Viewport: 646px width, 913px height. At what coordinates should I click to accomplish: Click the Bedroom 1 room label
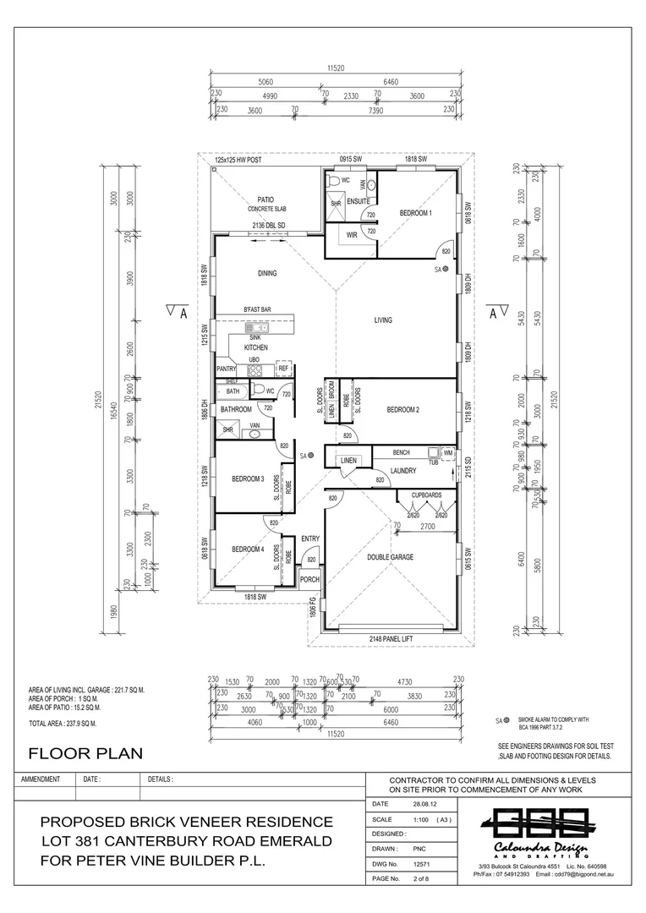416,213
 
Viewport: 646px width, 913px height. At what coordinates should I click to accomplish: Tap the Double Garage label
390,558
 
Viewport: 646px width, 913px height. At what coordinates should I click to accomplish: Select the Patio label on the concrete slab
265,200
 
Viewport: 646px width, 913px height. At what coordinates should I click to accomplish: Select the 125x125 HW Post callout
240,159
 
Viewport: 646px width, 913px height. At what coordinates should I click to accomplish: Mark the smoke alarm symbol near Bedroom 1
449,269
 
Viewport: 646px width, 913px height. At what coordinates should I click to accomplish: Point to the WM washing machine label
447,453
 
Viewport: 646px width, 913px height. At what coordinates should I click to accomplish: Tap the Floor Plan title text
85,752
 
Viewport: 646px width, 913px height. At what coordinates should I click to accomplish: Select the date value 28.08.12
424,804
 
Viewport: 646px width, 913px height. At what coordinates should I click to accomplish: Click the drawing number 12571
422,865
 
